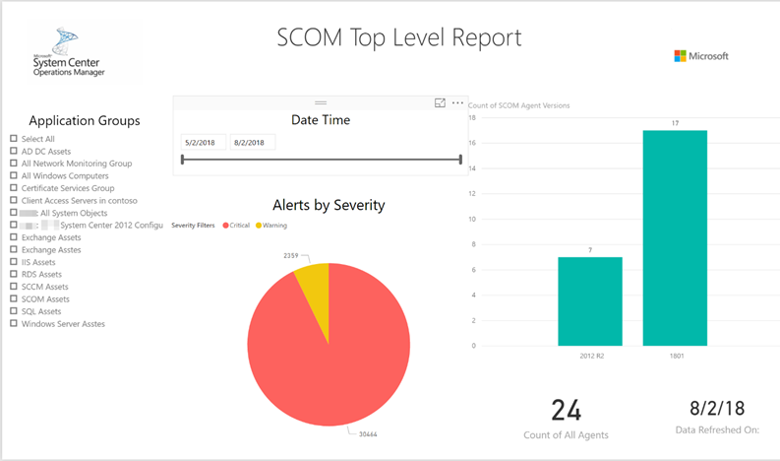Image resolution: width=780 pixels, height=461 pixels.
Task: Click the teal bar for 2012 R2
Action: (589, 301)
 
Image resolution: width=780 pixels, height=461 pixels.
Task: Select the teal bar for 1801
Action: (675, 237)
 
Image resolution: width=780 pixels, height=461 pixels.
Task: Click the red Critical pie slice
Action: (328, 350)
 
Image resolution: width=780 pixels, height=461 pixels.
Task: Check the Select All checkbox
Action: (14, 139)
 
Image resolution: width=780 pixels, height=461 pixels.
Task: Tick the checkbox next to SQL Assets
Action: (14, 311)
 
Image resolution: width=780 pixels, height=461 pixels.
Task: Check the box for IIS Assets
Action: (14, 262)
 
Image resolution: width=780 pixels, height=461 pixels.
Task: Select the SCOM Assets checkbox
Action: (14, 298)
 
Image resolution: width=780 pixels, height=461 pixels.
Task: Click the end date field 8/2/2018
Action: (252, 143)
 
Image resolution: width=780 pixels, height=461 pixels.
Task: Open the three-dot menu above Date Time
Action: (457, 103)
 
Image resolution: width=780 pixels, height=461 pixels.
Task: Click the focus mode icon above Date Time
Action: (440, 103)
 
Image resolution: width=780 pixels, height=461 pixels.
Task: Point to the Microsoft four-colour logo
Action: (681, 56)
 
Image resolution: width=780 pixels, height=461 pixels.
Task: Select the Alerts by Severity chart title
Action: (329, 205)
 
